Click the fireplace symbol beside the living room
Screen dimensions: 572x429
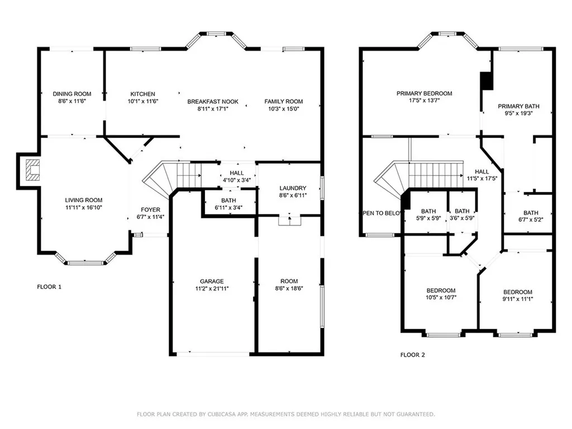click(33, 170)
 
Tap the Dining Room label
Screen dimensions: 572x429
click(72, 94)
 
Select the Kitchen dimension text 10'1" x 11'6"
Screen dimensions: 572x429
click(142, 102)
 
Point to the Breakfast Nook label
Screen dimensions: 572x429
click(213, 102)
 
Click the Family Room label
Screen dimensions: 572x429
click(283, 102)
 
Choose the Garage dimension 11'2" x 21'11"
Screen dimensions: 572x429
click(212, 289)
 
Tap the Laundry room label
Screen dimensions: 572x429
click(293, 188)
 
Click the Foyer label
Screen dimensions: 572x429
click(150, 210)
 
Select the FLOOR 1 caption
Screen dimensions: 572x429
click(49, 287)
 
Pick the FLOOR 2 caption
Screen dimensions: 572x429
click(413, 355)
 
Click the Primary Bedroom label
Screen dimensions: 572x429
click(425, 93)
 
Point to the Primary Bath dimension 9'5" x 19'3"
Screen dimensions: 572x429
click(518, 113)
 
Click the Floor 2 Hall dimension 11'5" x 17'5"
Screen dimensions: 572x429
click(482, 179)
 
